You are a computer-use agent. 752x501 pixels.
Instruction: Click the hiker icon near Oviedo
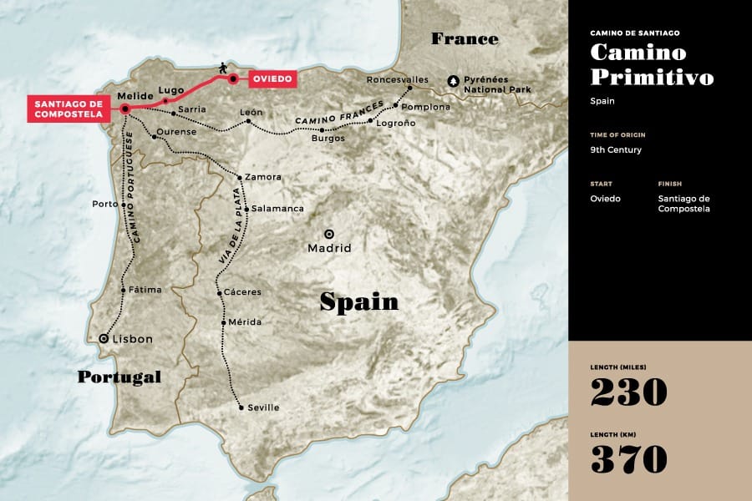tap(222, 67)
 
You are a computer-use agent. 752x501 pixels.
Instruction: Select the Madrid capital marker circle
tap(329, 235)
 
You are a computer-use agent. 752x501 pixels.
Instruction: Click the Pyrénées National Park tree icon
tap(454, 81)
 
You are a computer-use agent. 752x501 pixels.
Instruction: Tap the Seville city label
tap(263, 407)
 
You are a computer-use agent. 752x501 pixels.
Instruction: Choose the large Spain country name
tap(359, 301)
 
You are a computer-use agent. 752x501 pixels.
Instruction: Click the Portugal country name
tap(119, 377)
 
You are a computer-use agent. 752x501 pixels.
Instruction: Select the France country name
tap(465, 38)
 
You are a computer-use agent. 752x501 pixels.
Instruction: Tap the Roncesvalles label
tap(397, 80)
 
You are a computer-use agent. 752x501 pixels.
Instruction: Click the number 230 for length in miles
tap(629, 392)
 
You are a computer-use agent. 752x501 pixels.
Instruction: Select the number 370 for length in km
tap(629, 459)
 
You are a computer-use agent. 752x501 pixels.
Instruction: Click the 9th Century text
tap(616, 151)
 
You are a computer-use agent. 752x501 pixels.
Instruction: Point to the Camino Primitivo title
tap(652, 64)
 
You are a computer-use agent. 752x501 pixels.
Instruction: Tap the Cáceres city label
tap(243, 292)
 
